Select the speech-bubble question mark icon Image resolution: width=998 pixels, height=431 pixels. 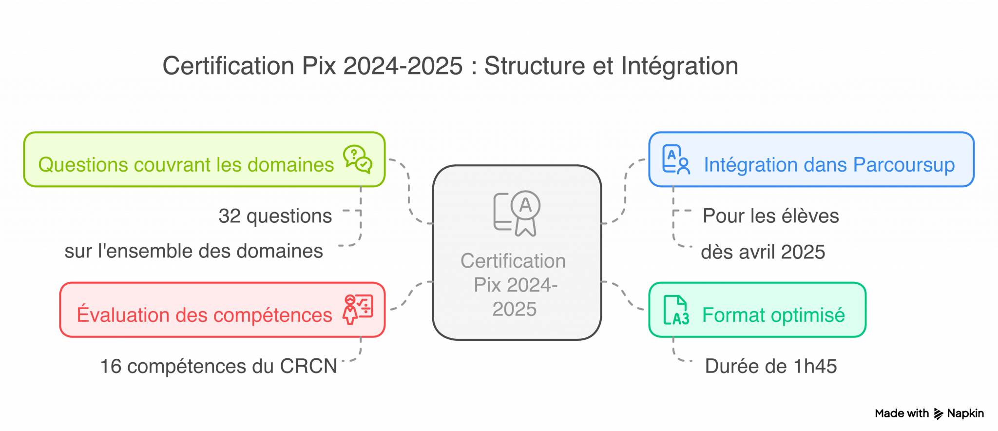tap(357, 159)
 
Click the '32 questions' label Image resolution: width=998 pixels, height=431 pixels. tap(275, 216)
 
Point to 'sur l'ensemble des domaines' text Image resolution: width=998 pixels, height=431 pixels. tap(193, 251)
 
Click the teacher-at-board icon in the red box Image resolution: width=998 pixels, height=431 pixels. tap(358, 309)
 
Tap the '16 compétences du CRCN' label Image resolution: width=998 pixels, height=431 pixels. tap(218, 366)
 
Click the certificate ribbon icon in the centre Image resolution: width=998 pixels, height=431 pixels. tap(517, 214)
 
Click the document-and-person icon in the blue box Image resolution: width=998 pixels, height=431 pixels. tap(676, 159)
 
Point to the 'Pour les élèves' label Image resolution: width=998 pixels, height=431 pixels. tap(770, 216)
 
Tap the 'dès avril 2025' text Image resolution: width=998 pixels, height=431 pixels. tap(763, 252)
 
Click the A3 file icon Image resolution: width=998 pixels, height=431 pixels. tap(676, 310)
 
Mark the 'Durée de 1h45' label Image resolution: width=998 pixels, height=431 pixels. tap(770, 366)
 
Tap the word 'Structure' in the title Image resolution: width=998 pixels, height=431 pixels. tap(534, 66)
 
